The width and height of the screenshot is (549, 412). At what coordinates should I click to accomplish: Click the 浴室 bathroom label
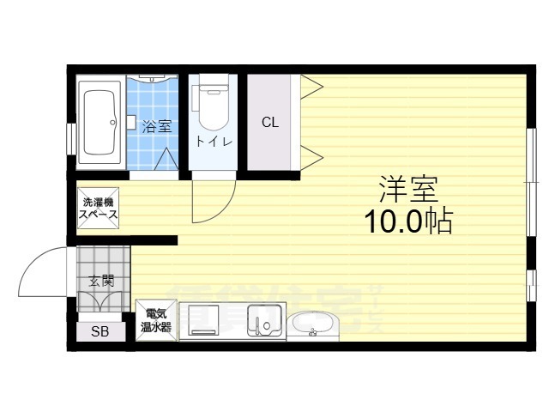point(156,126)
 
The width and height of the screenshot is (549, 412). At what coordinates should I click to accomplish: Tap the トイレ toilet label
point(214,142)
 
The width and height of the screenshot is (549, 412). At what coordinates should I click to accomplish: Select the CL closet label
point(270,122)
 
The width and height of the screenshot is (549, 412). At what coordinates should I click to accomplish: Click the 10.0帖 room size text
point(408,221)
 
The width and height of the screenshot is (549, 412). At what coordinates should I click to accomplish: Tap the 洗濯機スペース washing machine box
point(99,209)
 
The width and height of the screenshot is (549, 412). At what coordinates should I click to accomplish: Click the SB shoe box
point(100,333)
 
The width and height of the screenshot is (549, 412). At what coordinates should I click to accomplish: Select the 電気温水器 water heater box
point(157,320)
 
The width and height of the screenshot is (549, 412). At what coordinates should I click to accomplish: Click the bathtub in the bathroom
point(101,122)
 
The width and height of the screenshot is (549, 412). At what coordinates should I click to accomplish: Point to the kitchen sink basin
point(265,322)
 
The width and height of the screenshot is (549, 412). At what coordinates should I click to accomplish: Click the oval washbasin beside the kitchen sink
point(313,325)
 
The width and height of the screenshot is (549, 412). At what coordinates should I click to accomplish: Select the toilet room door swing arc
point(211,200)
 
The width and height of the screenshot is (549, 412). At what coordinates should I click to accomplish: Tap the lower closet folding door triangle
point(311,156)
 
